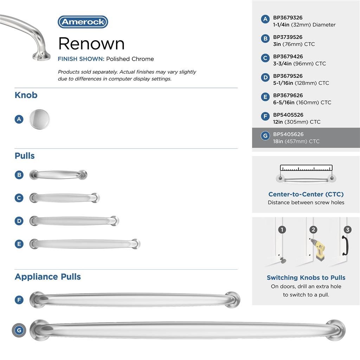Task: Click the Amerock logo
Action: (x=83, y=22)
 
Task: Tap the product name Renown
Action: (x=91, y=44)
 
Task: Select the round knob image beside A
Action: (x=39, y=119)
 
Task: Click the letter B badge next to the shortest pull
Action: (x=19, y=175)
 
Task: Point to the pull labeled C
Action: (x=65, y=198)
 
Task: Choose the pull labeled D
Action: (x=74, y=221)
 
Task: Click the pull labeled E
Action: (x=85, y=244)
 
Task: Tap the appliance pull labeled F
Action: (x=135, y=300)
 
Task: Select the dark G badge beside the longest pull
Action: (x=19, y=330)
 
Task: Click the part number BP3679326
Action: (x=288, y=18)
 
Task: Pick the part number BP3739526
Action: (x=288, y=37)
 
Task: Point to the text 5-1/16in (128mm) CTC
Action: (x=301, y=83)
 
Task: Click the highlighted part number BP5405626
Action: (x=288, y=134)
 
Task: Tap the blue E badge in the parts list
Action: (x=265, y=97)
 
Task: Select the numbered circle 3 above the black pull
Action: (x=347, y=230)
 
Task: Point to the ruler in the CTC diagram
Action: (x=306, y=168)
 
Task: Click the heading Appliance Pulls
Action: (x=48, y=277)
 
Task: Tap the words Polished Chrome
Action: (x=130, y=59)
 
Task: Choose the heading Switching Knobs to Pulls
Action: (x=306, y=278)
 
